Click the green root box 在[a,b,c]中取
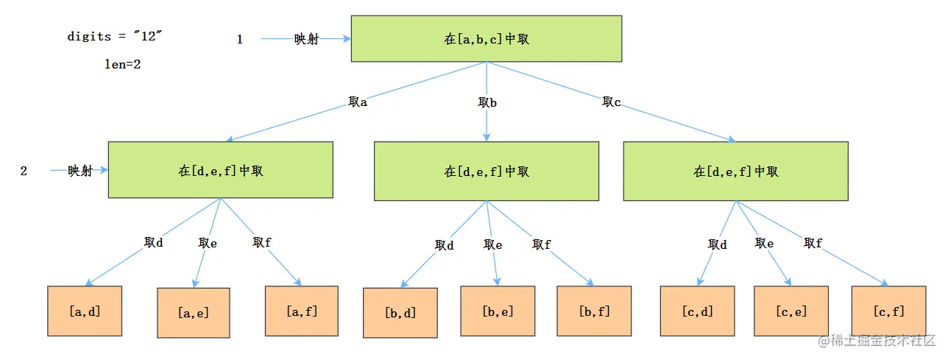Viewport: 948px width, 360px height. click(x=487, y=39)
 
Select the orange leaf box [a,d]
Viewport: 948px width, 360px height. click(x=85, y=311)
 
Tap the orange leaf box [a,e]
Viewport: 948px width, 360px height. click(x=194, y=312)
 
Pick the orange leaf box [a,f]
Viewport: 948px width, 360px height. click(x=302, y=311)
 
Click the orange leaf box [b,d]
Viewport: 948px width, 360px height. click(x=400, y=312)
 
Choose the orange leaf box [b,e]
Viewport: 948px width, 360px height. click(x=498, y=311)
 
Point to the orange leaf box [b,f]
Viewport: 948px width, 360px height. click(x=594, y=311)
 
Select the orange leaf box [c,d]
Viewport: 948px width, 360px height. click(x=697, y=311)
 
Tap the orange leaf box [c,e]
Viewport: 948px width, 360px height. click(x=791, y=311)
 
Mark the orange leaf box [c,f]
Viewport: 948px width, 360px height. click(x=888, y=311)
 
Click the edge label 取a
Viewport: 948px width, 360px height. click(x=358, y=102)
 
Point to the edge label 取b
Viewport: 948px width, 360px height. click(x=487, y=103)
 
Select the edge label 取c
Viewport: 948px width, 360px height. click(x=612, y=102)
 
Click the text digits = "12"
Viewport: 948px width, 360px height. click(x=114, y=37)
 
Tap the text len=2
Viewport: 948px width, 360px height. click(x=122, y=64)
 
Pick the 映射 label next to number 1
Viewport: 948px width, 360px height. click(x=306, y=40)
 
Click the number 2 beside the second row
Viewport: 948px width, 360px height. click(x=24, y=171)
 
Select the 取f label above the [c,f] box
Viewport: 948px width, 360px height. click(x=813, y=243)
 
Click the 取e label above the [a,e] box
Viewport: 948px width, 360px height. click(x=208, y=243)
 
